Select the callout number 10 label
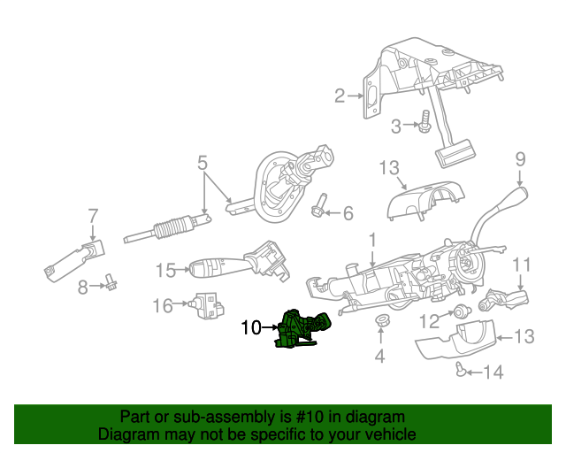pos(250,328)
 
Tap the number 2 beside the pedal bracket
pos(340,96)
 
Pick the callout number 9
pos(521,159)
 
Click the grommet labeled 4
pos(381,322)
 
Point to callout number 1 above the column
pos(372,239)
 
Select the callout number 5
pos(203,163)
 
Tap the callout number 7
pos(92,214)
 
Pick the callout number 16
pos(163,306)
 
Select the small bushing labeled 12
pos(461,311)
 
